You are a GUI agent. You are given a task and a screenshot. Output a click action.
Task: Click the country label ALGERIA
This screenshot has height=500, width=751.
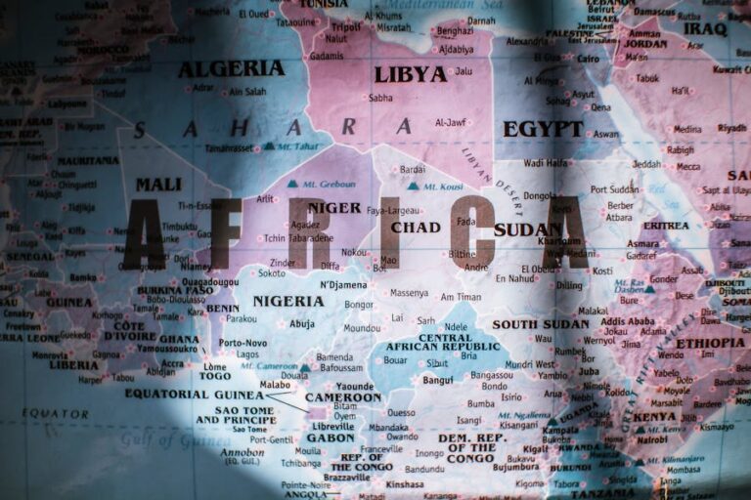coord(231,68)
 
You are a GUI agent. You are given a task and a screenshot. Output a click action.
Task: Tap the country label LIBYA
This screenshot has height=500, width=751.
coord(410,74)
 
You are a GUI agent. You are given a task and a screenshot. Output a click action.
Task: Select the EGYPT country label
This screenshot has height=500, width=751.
coord(543,129)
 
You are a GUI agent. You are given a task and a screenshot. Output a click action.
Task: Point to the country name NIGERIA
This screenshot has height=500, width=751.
coord(287,301)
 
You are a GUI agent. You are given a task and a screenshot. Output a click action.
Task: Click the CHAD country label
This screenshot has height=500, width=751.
coord(416,228)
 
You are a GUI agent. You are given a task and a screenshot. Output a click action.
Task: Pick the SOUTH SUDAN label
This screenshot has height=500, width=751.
coord(541,324)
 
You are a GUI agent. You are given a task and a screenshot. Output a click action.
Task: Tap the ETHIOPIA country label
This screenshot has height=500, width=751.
coord(710,343)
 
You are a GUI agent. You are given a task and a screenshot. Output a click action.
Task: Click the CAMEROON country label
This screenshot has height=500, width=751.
coord(342,397)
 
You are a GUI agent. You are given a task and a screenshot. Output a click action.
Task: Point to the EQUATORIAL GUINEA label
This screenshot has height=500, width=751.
coord(195,394)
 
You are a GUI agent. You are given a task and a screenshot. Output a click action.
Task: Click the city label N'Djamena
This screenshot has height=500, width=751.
coord(343,284)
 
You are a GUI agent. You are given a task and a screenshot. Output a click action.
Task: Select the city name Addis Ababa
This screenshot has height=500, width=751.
coord(628,321)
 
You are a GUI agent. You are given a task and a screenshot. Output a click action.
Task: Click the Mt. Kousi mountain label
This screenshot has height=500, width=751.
coord(442,186)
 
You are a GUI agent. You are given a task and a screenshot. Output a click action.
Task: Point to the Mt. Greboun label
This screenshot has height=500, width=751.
coord(329,184)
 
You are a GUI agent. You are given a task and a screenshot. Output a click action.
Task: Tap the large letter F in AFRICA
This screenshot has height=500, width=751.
coord(221,234)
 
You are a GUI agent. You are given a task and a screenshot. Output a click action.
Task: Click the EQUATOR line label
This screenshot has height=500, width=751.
coord(56,413)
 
